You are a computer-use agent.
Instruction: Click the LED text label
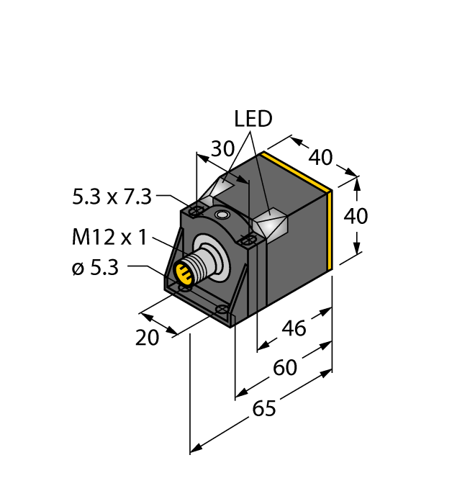[x=253, y=119]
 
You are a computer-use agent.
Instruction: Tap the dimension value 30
[x=222, y=149]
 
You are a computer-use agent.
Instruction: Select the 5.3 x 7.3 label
[x=112, y=197]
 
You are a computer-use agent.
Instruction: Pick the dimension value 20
[x=148, y=337]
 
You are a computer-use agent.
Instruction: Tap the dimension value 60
[x=285, y=368]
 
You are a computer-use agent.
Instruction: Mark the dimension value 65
[x=264, y=409]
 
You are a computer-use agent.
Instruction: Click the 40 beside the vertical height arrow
[x=355, y=216]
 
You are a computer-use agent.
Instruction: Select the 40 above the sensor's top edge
[x=320, y=156]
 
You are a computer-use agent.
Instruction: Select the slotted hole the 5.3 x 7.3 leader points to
[x=196, y=211]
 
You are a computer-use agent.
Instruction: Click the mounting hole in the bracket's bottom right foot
[x=224, y=310]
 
